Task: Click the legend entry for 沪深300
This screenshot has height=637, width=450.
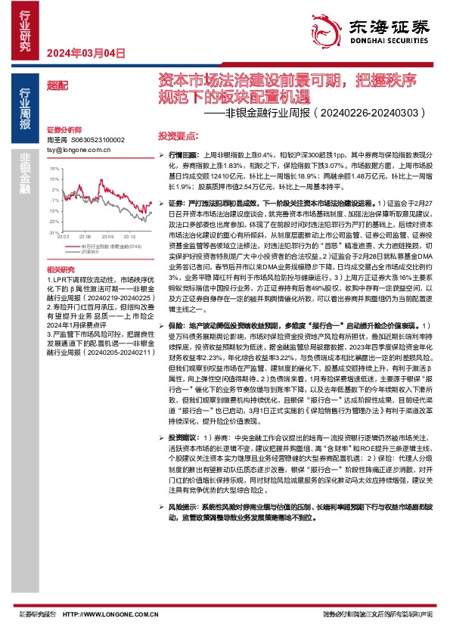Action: (90, 251)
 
